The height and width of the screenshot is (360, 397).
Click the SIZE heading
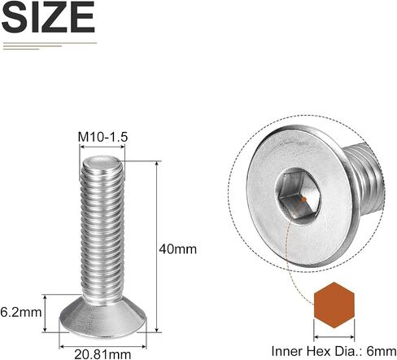click(x=48, y=18)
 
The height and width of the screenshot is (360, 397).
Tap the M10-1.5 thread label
click(x=103, y=137)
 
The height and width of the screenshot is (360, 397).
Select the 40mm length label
click(x=177, y=249)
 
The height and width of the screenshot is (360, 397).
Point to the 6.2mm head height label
click(x=21, y=312)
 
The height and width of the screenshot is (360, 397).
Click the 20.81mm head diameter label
click(x=103, y=354)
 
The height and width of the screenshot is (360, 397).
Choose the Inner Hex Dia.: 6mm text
click(x=334, y=351)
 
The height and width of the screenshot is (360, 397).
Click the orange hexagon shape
click(x=334, y=305)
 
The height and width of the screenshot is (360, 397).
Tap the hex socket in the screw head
click(x=298, y=195)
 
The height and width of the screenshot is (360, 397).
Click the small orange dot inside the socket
click(x=304, y=200)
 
